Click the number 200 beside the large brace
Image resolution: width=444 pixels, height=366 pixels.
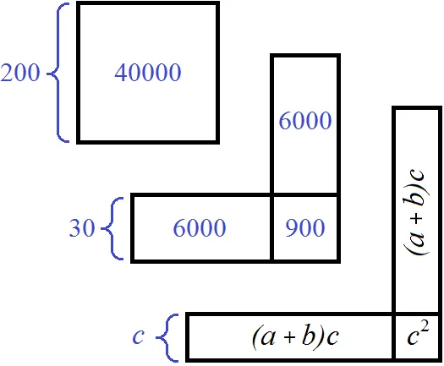(20, 73)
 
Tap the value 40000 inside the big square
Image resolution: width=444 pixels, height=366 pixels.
(148, 73)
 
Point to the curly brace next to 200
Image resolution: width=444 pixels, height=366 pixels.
(58, 73)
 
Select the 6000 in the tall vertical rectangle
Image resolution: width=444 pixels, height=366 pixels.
(305, 120)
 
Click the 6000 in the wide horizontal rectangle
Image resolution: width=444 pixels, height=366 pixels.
(200, 227)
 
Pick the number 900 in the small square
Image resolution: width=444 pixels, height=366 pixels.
(305, 227)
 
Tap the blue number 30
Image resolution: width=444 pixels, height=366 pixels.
(82, 227)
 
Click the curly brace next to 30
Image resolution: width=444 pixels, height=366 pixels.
(112, 228)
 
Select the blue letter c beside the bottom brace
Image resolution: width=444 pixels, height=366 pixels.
(139, 337)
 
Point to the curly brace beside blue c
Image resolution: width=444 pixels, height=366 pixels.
(167, 338)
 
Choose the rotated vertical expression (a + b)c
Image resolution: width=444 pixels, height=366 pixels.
(416, 212)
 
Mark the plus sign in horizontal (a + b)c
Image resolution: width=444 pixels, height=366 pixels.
(289, 338)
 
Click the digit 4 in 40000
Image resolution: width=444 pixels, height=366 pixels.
(121, 73)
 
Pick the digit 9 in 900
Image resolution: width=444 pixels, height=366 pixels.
(292, 228)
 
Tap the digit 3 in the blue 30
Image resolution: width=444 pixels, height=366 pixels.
(75, 228)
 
